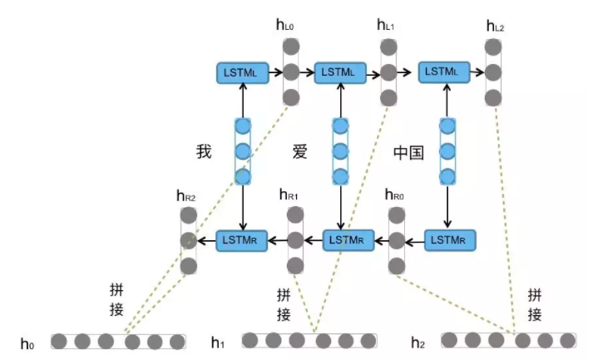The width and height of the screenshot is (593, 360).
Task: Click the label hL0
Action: point(284,26)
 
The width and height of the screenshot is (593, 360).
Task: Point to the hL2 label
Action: point(495,26)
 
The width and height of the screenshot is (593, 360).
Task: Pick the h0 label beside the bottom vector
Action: point(29,342)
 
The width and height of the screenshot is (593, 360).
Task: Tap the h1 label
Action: point(218,342)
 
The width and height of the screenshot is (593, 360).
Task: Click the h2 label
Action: point(421,342)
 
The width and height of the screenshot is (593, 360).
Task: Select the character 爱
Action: point(300,152)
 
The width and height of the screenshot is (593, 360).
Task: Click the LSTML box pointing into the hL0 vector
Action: point(242,72)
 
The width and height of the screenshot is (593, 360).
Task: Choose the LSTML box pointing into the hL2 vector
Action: point(447,72)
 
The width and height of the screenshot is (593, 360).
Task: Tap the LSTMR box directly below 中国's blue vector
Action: point(450,240)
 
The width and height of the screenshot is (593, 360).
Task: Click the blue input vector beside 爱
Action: point(339,151)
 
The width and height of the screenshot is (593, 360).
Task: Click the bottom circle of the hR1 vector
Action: point(296,266)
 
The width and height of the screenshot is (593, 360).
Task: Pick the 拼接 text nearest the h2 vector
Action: point(535,304)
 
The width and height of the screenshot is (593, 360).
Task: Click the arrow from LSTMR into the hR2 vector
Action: point(205,241)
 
